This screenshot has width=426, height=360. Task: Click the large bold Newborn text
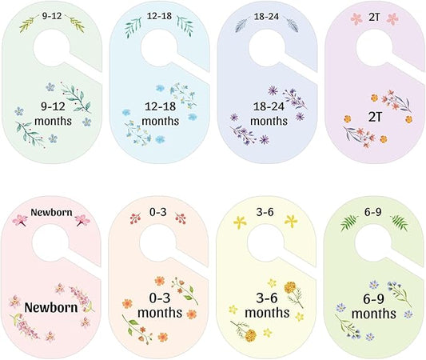(x=53, y=306)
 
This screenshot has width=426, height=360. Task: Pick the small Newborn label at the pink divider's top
(x=51, y=214)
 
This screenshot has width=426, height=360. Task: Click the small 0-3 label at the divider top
(x=158, y=214)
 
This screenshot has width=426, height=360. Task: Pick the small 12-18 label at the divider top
(x=158, y=14)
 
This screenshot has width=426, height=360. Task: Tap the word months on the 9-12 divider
(x=53, y=121)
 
